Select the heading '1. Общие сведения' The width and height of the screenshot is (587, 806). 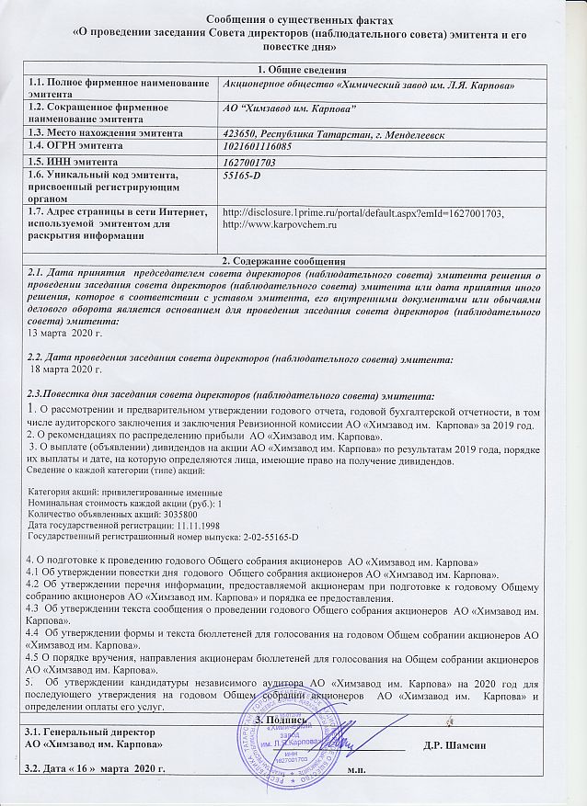pos(294,71)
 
